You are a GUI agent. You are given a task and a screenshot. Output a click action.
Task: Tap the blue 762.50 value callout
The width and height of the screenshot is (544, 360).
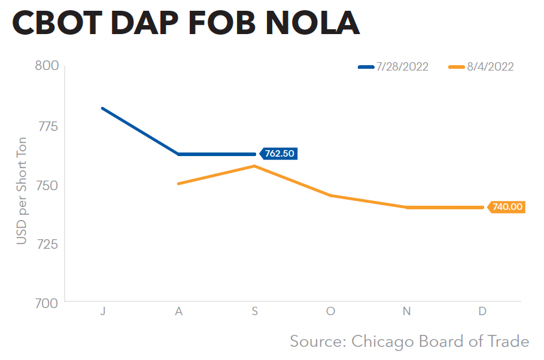point(279,154)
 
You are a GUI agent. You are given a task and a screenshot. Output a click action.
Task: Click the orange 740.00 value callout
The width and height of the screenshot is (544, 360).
point(507,208)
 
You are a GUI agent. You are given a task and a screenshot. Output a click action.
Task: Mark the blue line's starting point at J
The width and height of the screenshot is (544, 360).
point(102,108)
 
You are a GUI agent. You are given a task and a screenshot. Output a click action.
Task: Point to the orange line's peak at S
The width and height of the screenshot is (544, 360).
point(255,166)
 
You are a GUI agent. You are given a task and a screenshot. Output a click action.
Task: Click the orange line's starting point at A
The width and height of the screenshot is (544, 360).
point(178,184)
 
